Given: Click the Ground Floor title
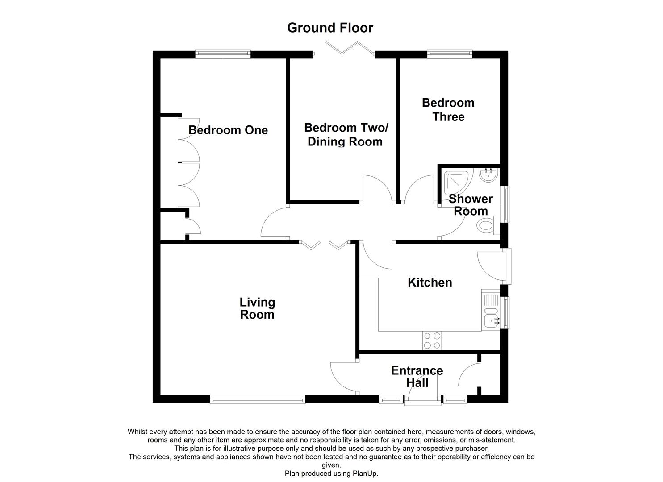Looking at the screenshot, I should click(330, 28).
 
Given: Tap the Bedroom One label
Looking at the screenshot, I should click(228, 130).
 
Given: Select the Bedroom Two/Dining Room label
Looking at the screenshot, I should click(346, 135).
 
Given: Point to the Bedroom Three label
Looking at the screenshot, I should click(448, 110).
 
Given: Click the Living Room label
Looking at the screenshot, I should click(257, 308).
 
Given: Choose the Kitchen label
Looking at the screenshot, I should click(429, 283).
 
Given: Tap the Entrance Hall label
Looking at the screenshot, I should click(417, 377).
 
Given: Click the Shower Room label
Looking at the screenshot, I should click(471, 205).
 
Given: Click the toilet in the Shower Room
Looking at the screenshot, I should click(487, 224).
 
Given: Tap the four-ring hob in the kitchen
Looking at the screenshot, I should click(432, 341).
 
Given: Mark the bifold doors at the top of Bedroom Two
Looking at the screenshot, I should click(350, 48).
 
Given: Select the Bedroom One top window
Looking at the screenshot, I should click(223, 54).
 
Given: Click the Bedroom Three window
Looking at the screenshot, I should click(449, 54).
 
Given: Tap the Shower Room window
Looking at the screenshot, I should click(506, 204).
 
